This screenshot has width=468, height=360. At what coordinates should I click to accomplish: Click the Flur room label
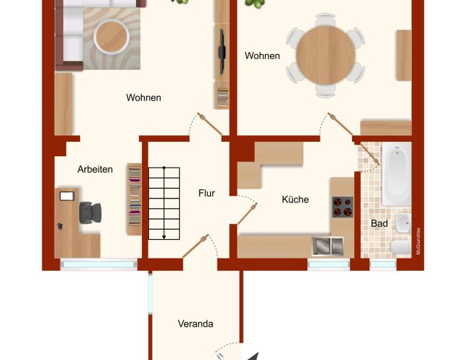pos(207,193)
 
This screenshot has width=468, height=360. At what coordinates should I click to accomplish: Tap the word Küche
pos(295,199)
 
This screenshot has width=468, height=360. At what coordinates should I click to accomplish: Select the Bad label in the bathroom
pos(379,223)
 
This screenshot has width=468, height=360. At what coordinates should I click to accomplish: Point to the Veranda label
pos(196,324)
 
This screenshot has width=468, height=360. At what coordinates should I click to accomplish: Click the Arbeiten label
pos(95,169)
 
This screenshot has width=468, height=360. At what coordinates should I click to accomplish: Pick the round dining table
pos(325,55)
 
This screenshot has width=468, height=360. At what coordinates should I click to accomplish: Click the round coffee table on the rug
pos(112,37)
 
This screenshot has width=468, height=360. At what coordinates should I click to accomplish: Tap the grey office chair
pos(90,213)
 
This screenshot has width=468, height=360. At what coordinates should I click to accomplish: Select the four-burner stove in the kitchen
pos(343,207)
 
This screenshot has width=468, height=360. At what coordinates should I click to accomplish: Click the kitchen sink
pos(328,246)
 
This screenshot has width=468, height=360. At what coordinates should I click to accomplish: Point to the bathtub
pos(397,174)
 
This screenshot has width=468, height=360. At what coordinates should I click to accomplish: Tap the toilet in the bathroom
pos(401,247)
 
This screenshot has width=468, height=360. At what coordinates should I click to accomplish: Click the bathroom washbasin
pos(403,223)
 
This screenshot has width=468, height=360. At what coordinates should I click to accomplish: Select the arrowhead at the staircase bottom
pos(164,238)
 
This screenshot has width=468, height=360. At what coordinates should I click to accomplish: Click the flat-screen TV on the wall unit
pos(222,52)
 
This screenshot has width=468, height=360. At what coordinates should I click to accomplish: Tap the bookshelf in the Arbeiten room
pos(135,199)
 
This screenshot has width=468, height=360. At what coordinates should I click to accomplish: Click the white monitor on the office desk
pos(67,196)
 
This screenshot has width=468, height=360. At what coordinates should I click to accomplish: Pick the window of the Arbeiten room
pos(99,264)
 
